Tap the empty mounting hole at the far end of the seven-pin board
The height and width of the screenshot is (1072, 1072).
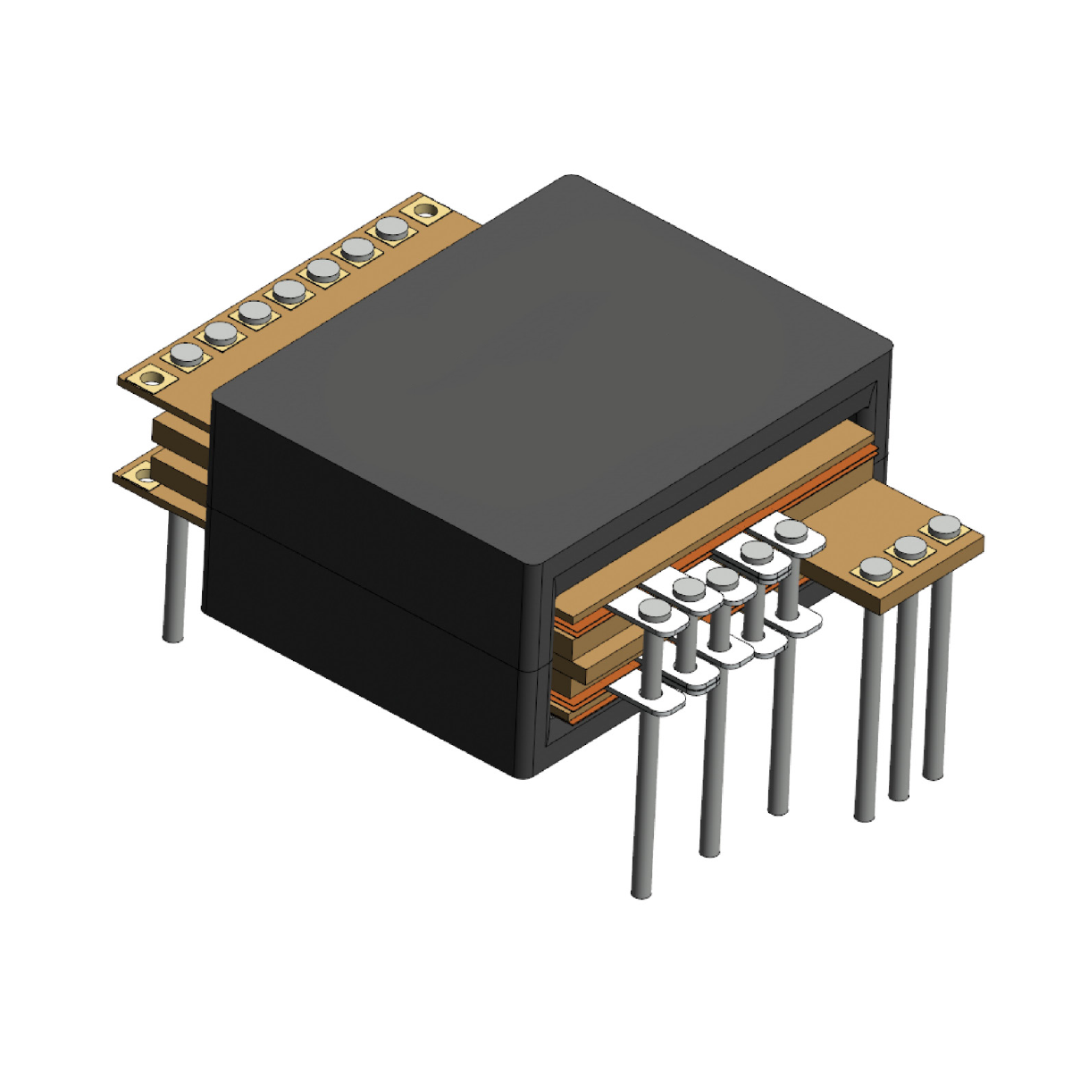point(425,212)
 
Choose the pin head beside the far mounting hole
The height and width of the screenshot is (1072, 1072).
point(391,228)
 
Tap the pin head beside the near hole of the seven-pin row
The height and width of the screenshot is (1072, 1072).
point(187,354)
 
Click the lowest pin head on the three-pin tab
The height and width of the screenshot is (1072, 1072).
point(875,568)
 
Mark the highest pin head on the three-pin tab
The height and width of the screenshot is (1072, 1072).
point(944,525)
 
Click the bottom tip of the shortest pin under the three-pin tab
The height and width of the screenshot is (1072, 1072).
point(933,773)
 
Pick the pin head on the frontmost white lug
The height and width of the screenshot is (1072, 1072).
point(654,610)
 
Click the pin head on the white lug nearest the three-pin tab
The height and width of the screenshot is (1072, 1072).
point(791,530)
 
